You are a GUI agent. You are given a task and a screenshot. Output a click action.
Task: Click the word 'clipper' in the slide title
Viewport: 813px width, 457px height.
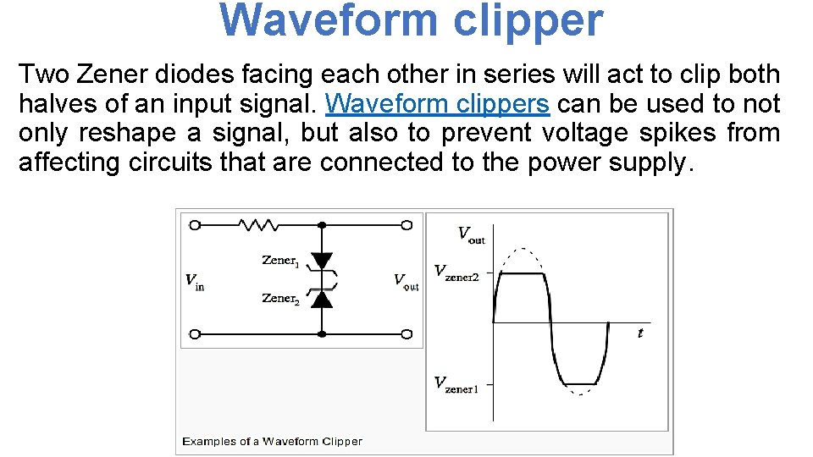click(x=528, y=21)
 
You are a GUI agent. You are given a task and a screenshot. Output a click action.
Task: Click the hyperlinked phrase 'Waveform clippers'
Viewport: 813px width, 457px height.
click(x=438, y=103)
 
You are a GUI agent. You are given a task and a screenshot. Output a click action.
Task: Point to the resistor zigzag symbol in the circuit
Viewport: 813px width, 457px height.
click(x=259, y=225)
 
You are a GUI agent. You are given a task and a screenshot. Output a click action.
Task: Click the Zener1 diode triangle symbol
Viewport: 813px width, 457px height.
click(x=322, y=262)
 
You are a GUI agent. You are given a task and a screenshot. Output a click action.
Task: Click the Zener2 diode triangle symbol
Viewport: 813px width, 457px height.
click(x=322, y=298)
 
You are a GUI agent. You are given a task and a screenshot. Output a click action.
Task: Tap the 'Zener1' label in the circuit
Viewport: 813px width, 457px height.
click(x=280, y=261)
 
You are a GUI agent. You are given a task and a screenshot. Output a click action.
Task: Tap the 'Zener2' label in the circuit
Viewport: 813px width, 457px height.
click(x=280, y=298)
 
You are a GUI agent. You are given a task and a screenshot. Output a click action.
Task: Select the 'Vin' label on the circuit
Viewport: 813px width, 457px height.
click(x=195, y=281)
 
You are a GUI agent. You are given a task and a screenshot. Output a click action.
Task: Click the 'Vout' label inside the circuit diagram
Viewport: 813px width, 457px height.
click(x=406, y=281)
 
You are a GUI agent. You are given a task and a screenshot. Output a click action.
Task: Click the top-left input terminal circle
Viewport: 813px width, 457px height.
click(x=195, y=225)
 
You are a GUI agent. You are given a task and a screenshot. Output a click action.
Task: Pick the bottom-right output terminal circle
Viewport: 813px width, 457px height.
click(x=407, y=333)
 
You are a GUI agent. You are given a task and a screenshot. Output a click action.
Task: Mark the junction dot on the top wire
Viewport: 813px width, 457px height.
click(x=322, y=225)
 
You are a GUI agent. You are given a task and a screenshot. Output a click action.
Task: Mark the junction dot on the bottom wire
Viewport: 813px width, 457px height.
click(x=322, y=333)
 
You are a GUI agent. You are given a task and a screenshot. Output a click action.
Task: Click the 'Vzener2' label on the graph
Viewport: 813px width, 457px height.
click(x=456, y=273)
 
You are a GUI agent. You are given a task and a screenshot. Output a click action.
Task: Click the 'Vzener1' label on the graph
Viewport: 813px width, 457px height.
click(x=456, y=384)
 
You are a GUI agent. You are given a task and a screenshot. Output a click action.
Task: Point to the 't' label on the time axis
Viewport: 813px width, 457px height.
click(x=640, y=333)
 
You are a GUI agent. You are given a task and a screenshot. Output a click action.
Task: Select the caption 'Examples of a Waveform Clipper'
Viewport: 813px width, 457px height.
click(x=272, y=441)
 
